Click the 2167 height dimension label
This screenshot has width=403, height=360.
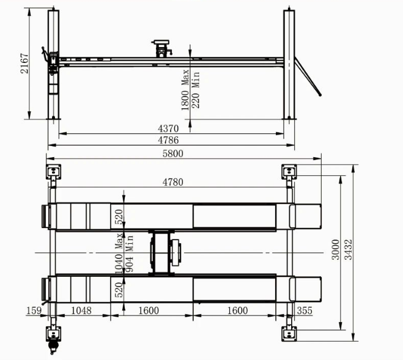pos(24,64)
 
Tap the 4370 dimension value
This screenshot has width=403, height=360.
pos(168,128)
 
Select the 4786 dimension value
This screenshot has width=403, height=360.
pos(168,140)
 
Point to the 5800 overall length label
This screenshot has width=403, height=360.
pos(173,153)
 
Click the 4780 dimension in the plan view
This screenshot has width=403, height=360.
pos(173,182)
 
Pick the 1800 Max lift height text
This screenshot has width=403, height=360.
pos(185,90)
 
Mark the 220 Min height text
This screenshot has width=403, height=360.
pos(196,90)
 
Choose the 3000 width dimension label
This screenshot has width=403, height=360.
pos(336,249)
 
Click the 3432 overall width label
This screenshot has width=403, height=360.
pos(348,249)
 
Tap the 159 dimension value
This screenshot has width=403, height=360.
pos(34,310)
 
